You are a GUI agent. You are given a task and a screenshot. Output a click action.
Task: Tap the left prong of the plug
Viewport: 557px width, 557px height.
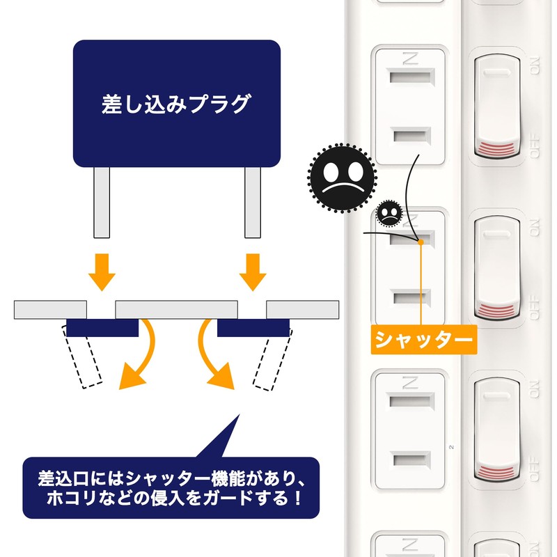(x=102, y=202)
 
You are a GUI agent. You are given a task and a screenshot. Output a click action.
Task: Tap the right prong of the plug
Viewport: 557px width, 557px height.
(x=252, y=202)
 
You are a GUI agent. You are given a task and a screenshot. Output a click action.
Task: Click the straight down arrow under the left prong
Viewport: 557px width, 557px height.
(x=102, y=272)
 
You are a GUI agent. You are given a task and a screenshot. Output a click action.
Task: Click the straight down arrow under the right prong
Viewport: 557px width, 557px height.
(x=253, y=272)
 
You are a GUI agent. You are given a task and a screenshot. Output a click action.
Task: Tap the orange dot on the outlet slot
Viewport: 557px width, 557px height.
(x=421, y=242)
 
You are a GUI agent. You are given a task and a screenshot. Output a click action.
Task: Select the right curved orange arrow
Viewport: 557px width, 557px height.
(x=212, y=359)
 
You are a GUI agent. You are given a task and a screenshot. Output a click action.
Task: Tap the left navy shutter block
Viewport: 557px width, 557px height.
(x=102, y=327)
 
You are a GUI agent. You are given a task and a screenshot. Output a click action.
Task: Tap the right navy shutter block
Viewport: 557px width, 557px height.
(x=253, y=327)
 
